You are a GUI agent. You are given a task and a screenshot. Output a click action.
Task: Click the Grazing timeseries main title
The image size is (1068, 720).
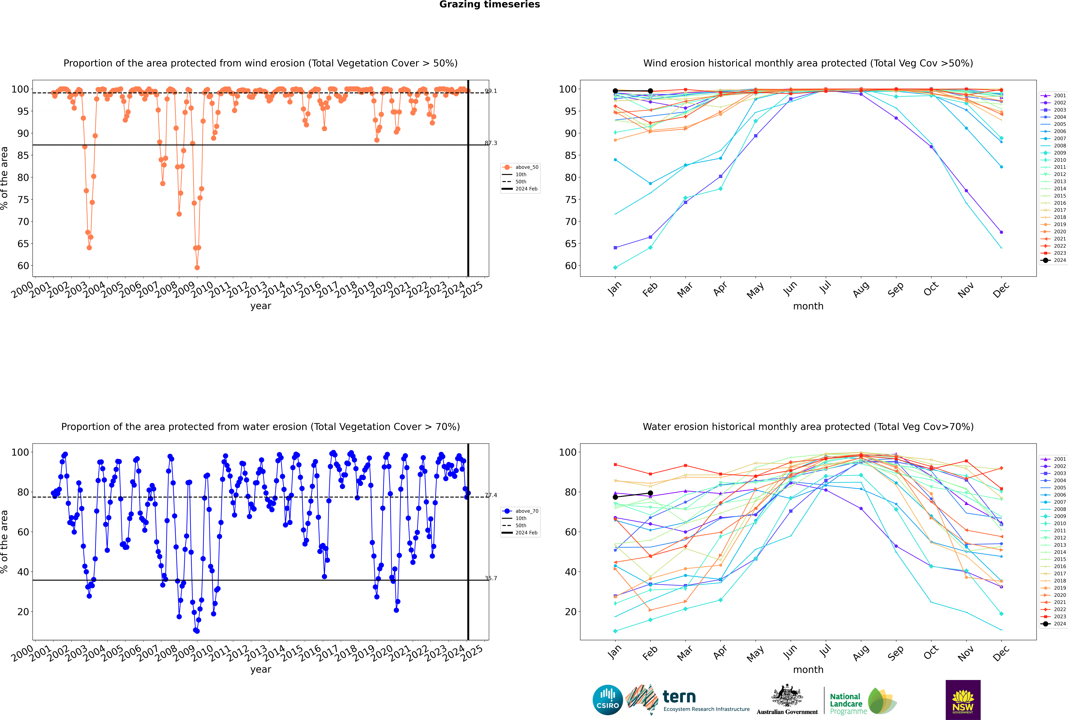pos(490,5)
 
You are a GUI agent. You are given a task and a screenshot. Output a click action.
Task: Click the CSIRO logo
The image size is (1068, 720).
pos(607,700)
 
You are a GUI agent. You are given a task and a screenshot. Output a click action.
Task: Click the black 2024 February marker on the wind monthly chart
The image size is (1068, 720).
pos(650,91)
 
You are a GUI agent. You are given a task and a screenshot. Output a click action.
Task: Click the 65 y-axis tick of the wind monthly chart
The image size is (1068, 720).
pos(570,244)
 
